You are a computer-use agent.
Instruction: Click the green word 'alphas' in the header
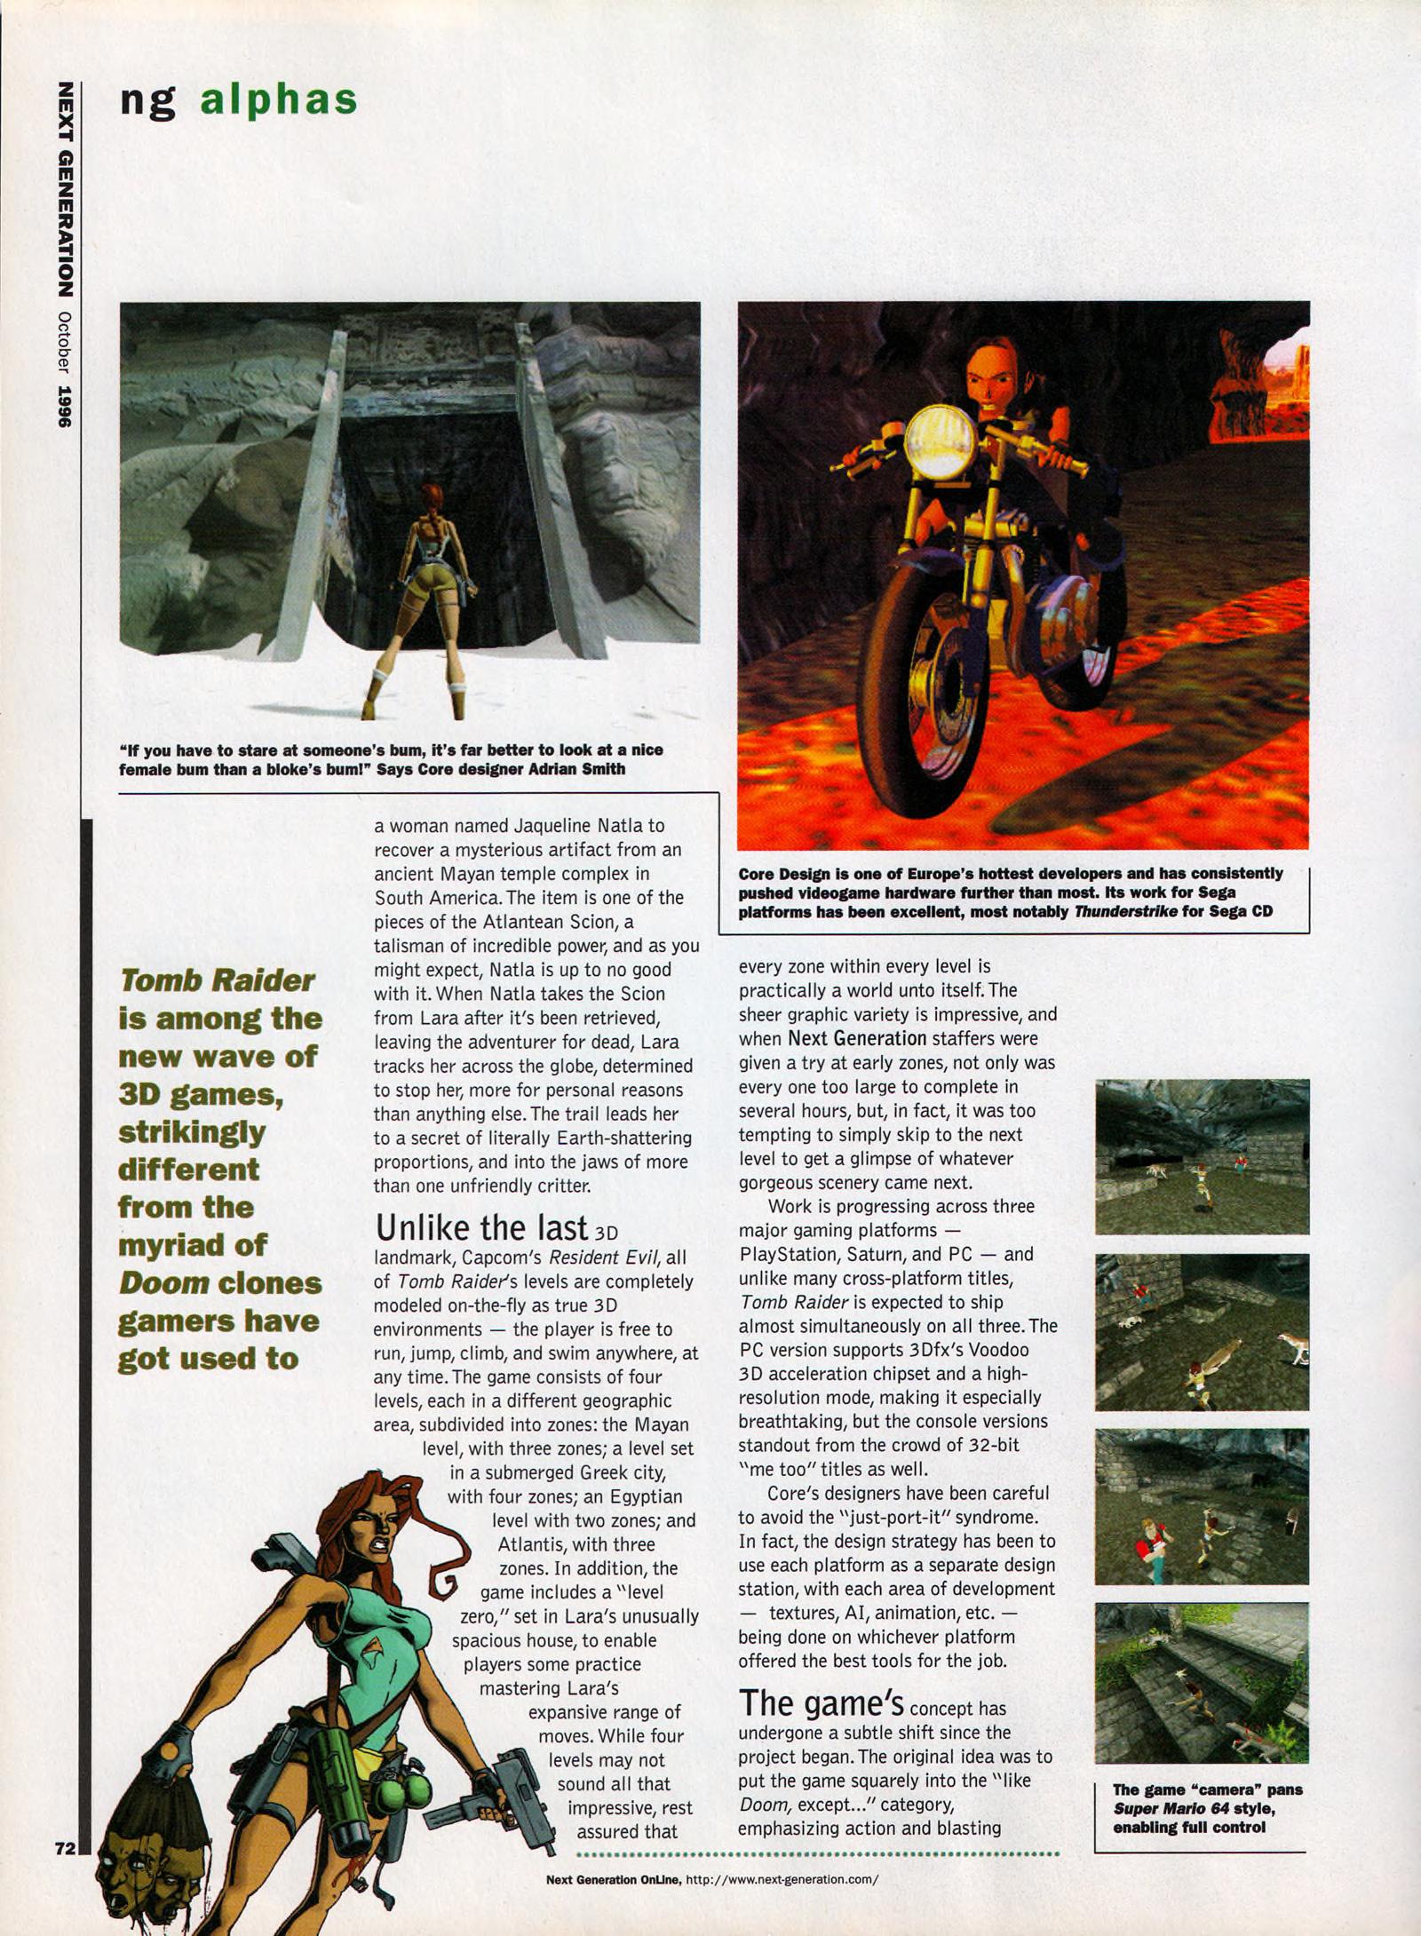coord(278,99)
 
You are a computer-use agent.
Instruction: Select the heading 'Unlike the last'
coord(481,1227)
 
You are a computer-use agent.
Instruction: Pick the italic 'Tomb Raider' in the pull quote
coord(217,980)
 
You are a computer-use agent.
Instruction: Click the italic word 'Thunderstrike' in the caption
coord(1125,912)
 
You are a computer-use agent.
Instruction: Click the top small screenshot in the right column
coord(1202,1156)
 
